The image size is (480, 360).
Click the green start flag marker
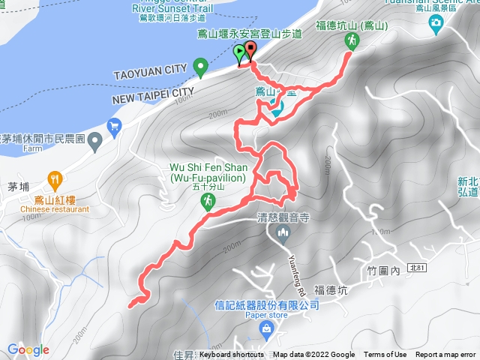click(x=239, y=53)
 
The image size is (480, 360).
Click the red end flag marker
click(x=249, y=50)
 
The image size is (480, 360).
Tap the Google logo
click(x=28, y=349)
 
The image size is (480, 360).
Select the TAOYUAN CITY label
click(x=150, y=70)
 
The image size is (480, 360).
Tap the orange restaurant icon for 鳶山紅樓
click(x=55, y=179)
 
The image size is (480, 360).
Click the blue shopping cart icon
click(x=114, y=125)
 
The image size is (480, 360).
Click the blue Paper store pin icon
click(x=265, y=329)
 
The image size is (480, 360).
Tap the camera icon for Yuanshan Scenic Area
click(x=436, y=23)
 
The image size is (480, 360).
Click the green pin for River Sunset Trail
click(x=200, y=68)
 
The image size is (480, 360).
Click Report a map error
click(x=445, y=355)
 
